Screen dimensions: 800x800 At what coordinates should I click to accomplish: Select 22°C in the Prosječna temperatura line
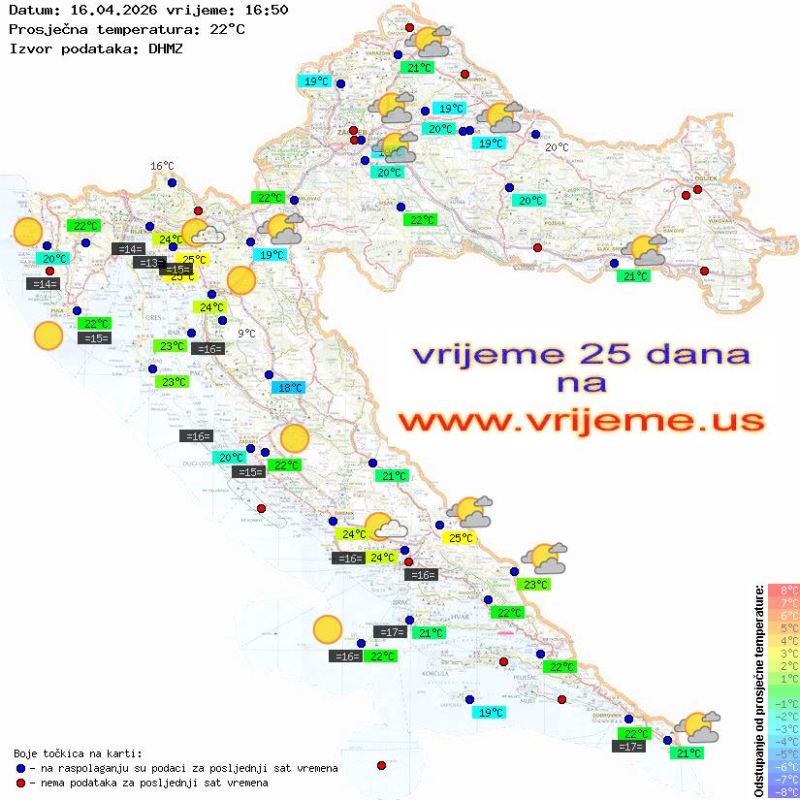point(226,29)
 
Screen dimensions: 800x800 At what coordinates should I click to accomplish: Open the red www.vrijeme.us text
point(581,421)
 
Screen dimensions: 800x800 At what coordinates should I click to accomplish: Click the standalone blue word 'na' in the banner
point(581,383)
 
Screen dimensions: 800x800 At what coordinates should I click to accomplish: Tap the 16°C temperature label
point(162,167)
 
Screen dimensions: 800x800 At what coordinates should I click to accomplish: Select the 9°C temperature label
point(247,334)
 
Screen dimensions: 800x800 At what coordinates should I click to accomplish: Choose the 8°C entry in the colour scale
point(784,590)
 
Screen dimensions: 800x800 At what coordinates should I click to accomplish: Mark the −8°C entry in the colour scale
point(783,791)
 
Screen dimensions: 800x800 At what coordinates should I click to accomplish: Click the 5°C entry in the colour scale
point(784,627)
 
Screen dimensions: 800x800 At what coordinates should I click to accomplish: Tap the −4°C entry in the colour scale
point(783,741)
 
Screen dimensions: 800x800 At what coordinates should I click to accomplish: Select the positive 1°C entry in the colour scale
point(784,678)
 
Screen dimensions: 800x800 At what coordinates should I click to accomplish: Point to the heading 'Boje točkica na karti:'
point(78,752)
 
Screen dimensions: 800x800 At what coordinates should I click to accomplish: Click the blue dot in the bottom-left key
point(20,768)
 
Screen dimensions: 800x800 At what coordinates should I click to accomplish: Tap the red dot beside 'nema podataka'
point(20,783)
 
